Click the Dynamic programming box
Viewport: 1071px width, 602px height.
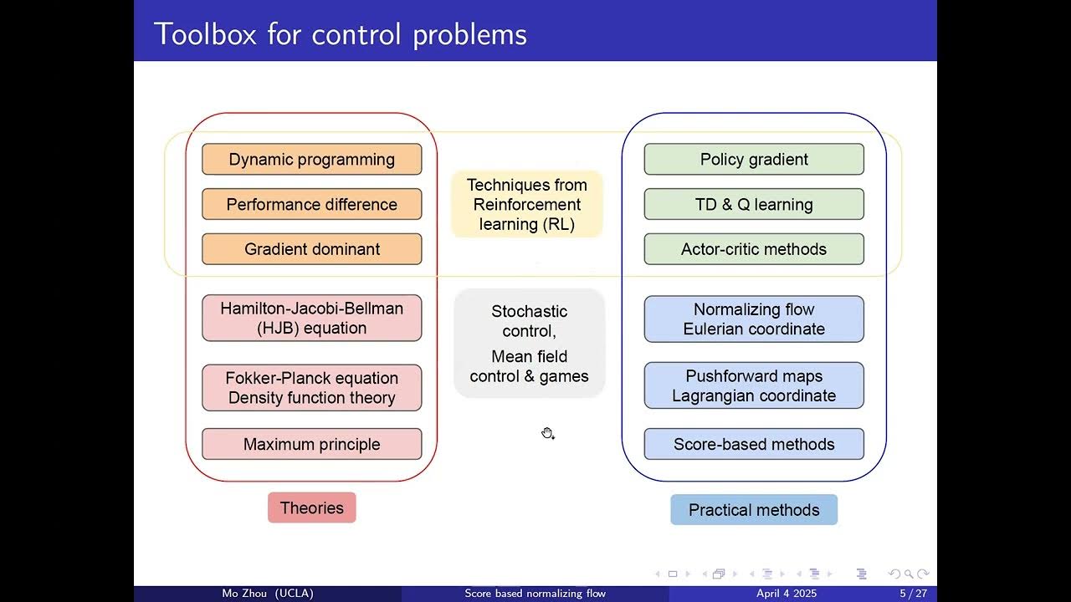(311, 160)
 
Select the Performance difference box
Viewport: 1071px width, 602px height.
(311, 205)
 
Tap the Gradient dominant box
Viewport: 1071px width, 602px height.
(311, 249)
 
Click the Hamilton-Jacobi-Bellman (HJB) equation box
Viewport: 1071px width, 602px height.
(311, 319)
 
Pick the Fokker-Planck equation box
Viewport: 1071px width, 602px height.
(311, 388)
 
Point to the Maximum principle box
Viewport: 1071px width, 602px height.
(311, 445)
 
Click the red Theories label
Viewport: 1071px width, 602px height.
(311, 508)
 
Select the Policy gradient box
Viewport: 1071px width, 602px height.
(753, 160)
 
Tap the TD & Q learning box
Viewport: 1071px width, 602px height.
(753, 205)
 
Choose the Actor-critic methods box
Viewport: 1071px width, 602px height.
(753, 249)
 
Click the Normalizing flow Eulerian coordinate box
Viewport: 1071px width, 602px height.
(753, 319)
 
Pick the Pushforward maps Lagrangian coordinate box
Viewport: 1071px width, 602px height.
(753, 386)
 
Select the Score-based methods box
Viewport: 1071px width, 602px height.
(753, 445)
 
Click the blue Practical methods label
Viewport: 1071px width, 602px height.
(753, 510)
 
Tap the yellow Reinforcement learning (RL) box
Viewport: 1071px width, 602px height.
(527, 205)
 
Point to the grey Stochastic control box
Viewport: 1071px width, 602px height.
(529, 344)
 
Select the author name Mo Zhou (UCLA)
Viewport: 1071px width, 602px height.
(268, 594)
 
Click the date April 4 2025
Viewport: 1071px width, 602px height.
(786, 594)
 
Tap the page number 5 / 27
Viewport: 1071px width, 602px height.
(913, 594)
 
